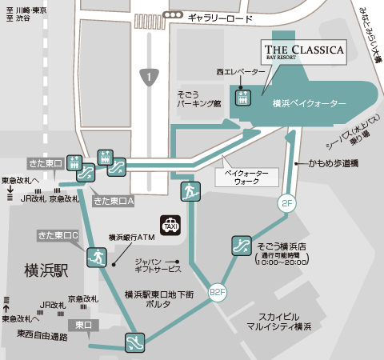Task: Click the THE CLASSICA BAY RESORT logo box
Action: [305, 54]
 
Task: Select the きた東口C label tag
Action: [58, 235]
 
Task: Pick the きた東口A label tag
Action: [112, 202]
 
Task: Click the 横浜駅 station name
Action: [46, 270]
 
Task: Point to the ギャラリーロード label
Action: [221, 17]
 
